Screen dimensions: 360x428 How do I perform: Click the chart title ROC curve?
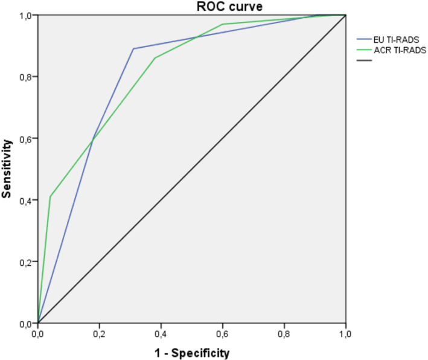191,7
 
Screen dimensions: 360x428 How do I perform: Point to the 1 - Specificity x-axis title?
191,350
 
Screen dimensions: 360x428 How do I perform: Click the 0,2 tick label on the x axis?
100,332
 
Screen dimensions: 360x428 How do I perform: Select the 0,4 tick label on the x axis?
161,332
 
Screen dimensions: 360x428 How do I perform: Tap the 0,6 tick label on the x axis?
223,332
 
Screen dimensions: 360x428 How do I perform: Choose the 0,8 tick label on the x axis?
284,332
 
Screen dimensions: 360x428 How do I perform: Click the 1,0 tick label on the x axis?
345,332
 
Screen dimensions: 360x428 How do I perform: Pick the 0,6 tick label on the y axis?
26,138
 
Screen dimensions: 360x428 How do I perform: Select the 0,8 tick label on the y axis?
26,76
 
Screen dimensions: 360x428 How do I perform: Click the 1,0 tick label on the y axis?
26,14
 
